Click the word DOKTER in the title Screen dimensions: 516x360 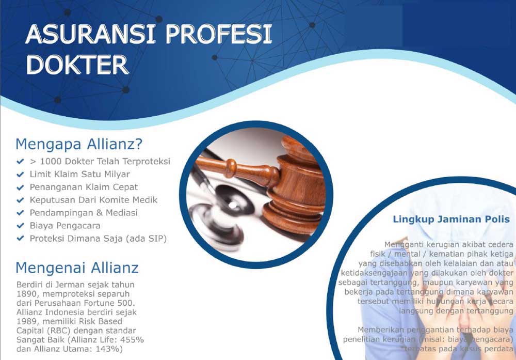[77, 65]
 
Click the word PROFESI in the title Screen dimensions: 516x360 [219, 34]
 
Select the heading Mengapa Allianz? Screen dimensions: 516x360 [79, 144]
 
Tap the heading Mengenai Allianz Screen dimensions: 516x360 [77, 268]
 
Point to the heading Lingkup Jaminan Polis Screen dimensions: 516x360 [451, 220]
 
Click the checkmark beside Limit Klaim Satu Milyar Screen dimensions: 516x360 [21, 174]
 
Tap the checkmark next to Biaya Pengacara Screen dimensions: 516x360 [21, 226]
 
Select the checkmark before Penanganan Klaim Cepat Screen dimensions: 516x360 [21, 187]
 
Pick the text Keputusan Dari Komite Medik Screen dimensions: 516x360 [93, 200]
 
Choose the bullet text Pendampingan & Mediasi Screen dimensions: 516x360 [84, 213]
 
